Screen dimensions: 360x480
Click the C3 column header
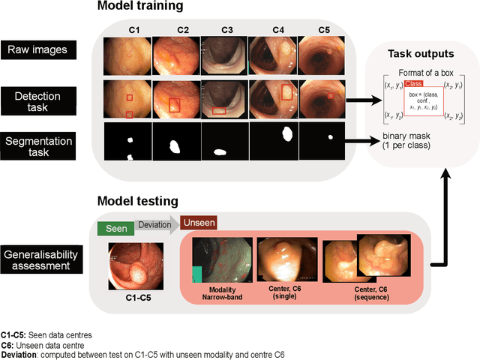227,31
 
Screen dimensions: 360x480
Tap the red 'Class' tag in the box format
414,84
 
